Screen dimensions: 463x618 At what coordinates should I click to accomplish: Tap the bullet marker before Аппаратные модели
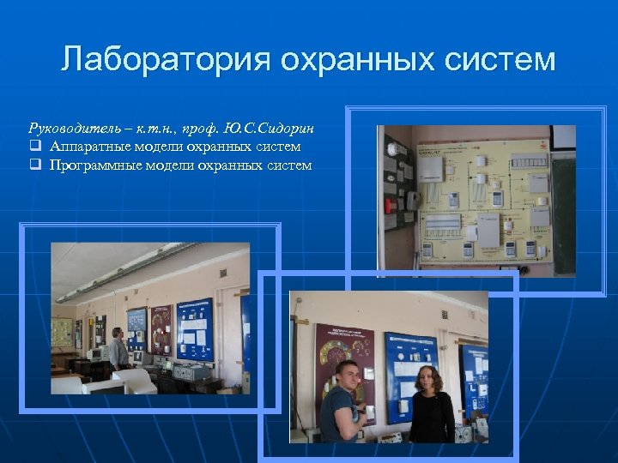point(35,147)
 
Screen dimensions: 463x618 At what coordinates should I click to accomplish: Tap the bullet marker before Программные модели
point(35,165)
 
